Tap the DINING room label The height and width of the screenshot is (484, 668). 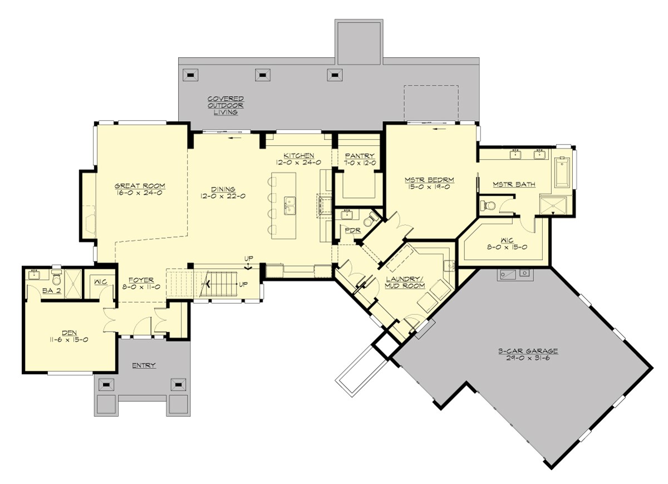223,189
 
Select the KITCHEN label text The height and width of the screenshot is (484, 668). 298,155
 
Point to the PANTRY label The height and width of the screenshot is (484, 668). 359,156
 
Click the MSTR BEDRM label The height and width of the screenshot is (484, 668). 429,180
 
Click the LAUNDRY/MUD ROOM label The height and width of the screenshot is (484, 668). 405,281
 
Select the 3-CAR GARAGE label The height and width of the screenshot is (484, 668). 528,351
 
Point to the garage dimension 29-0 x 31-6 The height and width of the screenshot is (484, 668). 528,359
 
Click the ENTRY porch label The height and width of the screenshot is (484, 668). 143,366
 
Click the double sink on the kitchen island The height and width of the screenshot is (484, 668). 290,205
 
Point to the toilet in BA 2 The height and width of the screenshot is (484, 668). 56,275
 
